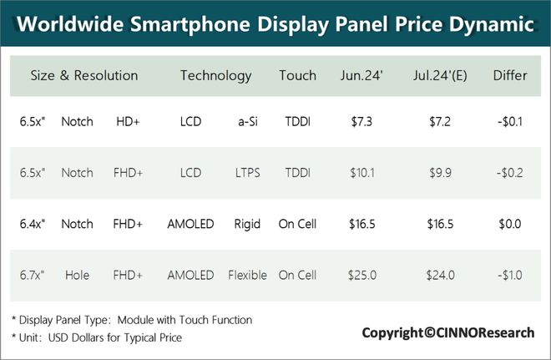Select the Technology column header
pos(215,76)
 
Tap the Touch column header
pos(297,76)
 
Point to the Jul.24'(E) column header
pos(439,76)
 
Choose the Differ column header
pos(509,76)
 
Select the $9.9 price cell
pos(439,173)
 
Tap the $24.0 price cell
pos(439,274)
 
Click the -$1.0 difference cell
pos(509,274)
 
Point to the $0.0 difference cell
pos(509,224)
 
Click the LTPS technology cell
pos(248,173)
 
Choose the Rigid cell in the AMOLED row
pos(248,224)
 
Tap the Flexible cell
pos(248,274)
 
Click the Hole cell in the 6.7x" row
pos(77,274)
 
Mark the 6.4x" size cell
pos(33,224)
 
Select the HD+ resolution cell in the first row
pos(128,122)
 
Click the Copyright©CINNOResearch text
pos(447,332)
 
